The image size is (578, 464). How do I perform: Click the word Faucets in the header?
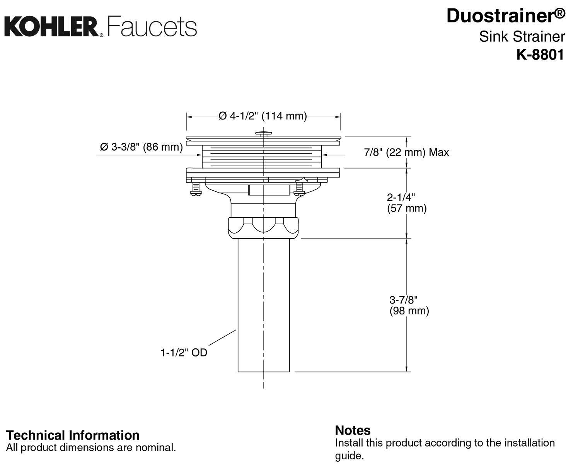(x=152, y=27)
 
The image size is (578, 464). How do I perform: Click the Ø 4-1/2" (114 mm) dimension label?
(x=263, y=116)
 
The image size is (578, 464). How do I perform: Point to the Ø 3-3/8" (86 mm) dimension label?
(x=141, y=147)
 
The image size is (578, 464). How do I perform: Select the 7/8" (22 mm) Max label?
(x=406, y=152)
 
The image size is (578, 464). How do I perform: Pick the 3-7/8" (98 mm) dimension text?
(x=409, y=305)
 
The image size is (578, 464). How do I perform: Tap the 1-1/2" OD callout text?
(x=184, y=353)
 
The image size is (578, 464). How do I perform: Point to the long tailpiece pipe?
(x=264, y=305)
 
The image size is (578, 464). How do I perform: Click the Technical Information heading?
(x=73, y=435)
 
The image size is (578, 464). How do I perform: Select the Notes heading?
(x=353, y=430)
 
